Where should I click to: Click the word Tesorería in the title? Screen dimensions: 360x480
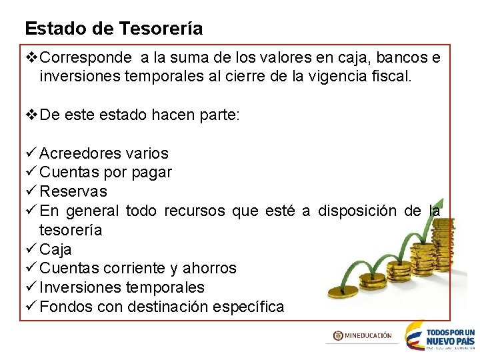click(161, 29)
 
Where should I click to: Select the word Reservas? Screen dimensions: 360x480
click(73, 192)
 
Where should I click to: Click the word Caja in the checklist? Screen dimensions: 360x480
click(55, 249)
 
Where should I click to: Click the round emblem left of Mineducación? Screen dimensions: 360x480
click(339, 336)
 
